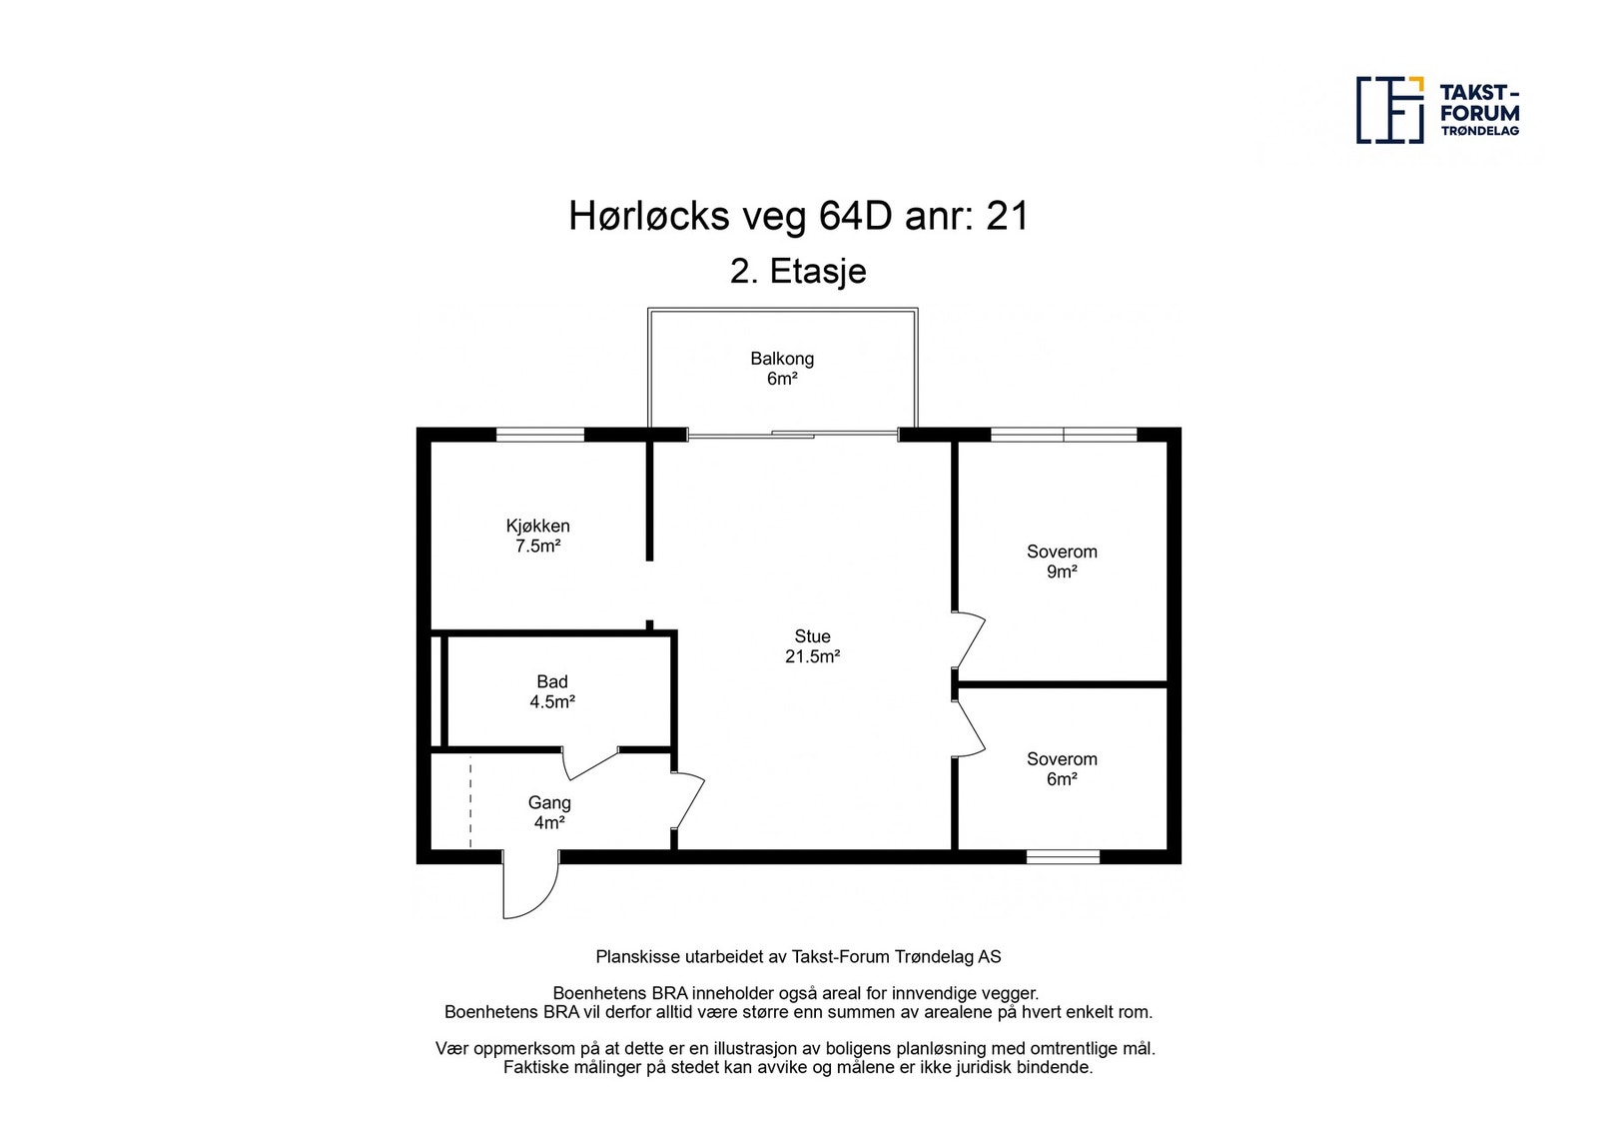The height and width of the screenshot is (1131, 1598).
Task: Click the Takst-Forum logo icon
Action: point(1389,109)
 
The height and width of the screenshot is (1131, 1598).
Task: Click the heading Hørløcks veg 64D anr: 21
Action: point(798,216)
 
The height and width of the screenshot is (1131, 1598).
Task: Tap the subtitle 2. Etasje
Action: point(798,272)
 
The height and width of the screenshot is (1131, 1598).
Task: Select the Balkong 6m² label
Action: point(782,369)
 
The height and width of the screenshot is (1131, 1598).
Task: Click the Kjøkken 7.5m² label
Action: point(537,536)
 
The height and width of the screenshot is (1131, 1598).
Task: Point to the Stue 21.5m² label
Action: point(812,646)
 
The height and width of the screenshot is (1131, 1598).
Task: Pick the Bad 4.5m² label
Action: point(551,691)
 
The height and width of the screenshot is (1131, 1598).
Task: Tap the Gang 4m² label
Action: point(549,812)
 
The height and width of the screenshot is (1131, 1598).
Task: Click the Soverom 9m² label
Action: point(1062,562)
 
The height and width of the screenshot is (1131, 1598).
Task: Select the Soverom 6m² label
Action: point(1062,769)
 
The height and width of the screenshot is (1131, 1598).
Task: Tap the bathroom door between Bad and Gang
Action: point(591,763)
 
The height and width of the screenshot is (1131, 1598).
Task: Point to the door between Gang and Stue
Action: point(689,799)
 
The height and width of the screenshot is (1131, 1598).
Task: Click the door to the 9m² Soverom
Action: point(970,639)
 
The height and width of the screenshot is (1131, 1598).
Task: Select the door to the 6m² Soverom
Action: point(970,728)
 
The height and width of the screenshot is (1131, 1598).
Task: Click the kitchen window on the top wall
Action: point(540,435)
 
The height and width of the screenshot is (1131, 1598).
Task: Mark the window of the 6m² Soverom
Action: point(1063,856)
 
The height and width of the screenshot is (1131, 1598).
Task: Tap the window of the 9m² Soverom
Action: point(1063,435)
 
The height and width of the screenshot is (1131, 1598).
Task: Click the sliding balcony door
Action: point(793,435)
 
